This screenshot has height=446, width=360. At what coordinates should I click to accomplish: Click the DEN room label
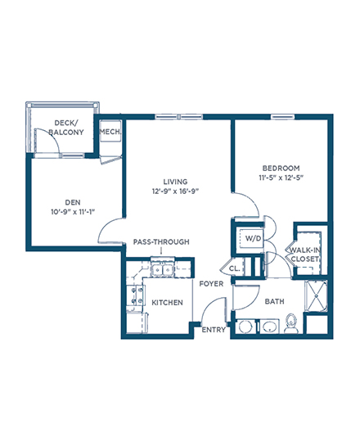73,202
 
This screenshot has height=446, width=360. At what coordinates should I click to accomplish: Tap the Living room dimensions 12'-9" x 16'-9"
175,191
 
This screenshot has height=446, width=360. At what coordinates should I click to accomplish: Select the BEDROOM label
281,168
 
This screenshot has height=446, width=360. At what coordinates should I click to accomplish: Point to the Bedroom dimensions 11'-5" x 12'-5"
281,178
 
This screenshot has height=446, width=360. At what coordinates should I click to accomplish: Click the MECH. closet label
110,132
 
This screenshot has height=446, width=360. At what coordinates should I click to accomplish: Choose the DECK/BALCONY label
66,128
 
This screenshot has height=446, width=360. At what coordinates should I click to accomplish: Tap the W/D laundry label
253,238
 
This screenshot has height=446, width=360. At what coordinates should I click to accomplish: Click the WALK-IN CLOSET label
305,255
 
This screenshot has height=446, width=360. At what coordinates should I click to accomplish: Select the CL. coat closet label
235,268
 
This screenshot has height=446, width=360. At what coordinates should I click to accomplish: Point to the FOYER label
211,284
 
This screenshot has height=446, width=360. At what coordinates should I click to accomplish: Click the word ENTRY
214,330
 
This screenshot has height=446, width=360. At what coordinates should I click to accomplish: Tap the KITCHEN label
167,303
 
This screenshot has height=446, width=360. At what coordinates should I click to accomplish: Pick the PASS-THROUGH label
161,241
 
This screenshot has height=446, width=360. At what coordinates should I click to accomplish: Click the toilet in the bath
291,324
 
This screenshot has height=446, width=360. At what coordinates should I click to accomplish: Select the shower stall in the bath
316,295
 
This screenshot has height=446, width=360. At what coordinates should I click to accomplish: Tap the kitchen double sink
162,270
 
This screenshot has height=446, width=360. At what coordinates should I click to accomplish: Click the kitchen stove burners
137,295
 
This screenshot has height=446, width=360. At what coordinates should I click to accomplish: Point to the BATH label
274,301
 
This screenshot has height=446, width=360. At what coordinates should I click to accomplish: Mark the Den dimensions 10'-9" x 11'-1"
73,212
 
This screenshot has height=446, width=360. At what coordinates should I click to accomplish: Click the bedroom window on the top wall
282,117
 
